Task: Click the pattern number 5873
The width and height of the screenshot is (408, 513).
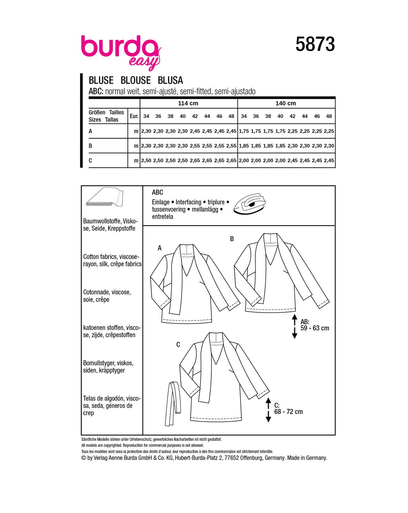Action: click(315, 45)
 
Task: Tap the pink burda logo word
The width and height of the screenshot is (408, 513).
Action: click(119, 47)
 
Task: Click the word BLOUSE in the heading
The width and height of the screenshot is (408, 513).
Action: click(135, 80)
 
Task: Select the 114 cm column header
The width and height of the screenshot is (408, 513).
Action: click(188, 103)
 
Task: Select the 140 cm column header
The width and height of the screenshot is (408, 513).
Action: click(286, 103)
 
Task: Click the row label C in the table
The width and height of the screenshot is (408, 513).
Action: click(91, 161)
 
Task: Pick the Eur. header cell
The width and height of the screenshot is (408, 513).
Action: click(134, 116)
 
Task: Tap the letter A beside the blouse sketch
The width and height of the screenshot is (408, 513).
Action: click(160, 248)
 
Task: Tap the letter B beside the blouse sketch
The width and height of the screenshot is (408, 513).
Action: click(232, 239)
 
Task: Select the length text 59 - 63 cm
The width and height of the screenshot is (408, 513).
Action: click(315, 328)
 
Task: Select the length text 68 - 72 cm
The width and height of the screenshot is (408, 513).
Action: click(288, 412)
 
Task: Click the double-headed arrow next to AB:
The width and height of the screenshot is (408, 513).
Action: click(294, 327)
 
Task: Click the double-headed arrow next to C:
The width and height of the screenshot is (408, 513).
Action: click(268, 410)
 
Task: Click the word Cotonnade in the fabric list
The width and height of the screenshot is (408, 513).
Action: click(96, 292)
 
